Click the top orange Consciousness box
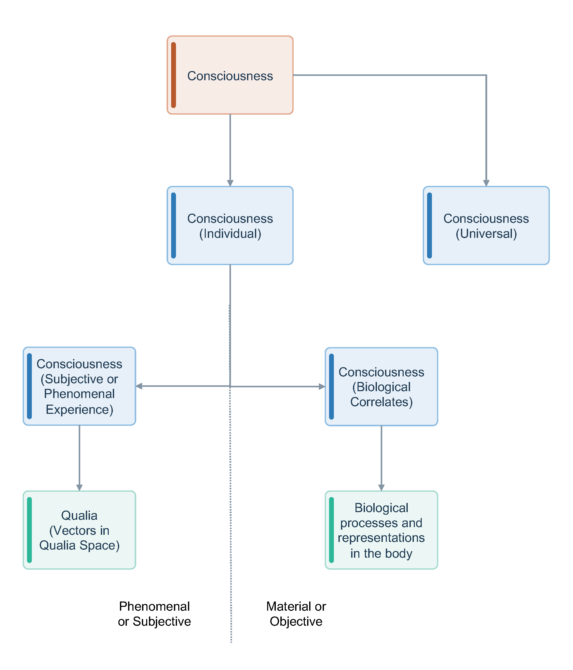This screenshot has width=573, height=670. [x=230, y=75]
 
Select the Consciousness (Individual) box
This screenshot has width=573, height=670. [x=230, y=225]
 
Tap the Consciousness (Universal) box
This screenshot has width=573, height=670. [x=486, y=225]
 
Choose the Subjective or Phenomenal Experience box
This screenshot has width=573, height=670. [x=79, y=386]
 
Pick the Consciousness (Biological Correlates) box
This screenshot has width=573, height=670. [x=381, y=387]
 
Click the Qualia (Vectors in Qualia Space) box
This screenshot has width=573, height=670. [x=79, y=530]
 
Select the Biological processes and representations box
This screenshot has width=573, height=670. [x=381, y=530]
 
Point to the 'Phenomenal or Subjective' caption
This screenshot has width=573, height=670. [x=154, y=614]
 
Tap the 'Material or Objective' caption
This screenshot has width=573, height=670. [x=296, y=614]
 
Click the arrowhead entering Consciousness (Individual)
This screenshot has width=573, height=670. [x=230, y=183]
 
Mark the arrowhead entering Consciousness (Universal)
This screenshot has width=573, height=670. [x=486, y=183]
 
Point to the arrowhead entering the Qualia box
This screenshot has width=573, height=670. [x=79, y=488]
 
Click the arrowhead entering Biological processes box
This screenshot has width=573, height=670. [x=381, y=488]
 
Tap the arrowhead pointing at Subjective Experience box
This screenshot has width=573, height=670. [x=139, y=386]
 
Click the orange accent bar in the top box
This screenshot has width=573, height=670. [x=173, y=75]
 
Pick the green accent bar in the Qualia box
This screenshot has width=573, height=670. [x=30, y=530]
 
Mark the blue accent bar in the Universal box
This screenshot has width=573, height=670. [x=429, y=225]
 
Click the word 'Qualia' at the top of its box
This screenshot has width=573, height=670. [x=79, y=515]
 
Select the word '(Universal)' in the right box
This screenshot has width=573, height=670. [x=486, y=234]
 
